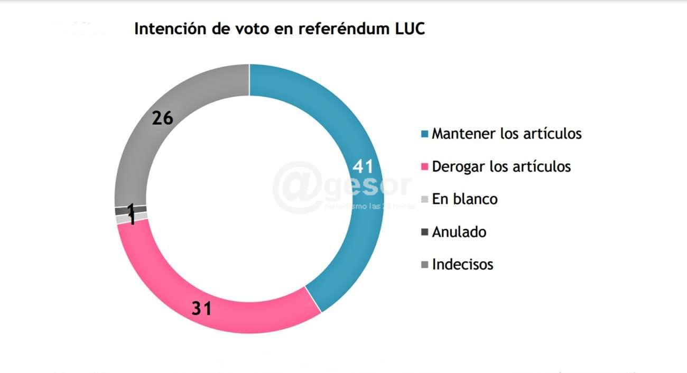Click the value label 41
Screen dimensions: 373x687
click(363, 167)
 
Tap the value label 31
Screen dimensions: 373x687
click(201, 309)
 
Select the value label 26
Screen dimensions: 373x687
click(162, 118)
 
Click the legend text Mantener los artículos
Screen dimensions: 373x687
click(506, 134)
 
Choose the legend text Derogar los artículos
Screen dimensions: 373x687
click(501, 166)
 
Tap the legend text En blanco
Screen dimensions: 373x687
click(465, 199)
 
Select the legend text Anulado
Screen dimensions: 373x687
click(459, 232)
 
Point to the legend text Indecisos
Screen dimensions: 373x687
click(462, 264)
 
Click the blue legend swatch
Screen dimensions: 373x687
click(424, 134)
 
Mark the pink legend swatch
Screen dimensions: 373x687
click(424, 167)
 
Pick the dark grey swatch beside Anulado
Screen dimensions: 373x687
click(424, 232)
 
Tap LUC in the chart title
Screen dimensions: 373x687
click(410, 29)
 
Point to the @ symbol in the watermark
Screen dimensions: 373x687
click(299, 188)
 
